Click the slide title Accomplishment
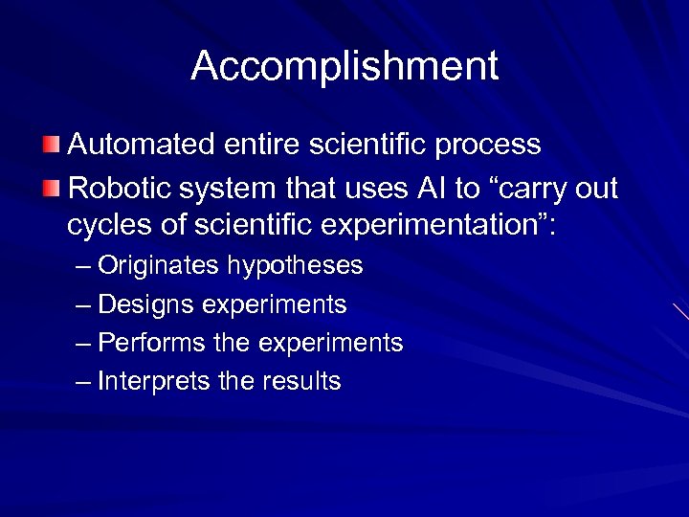(344, 66)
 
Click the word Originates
(155, 266)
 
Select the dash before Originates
(83, 266)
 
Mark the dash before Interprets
(83, 382)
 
